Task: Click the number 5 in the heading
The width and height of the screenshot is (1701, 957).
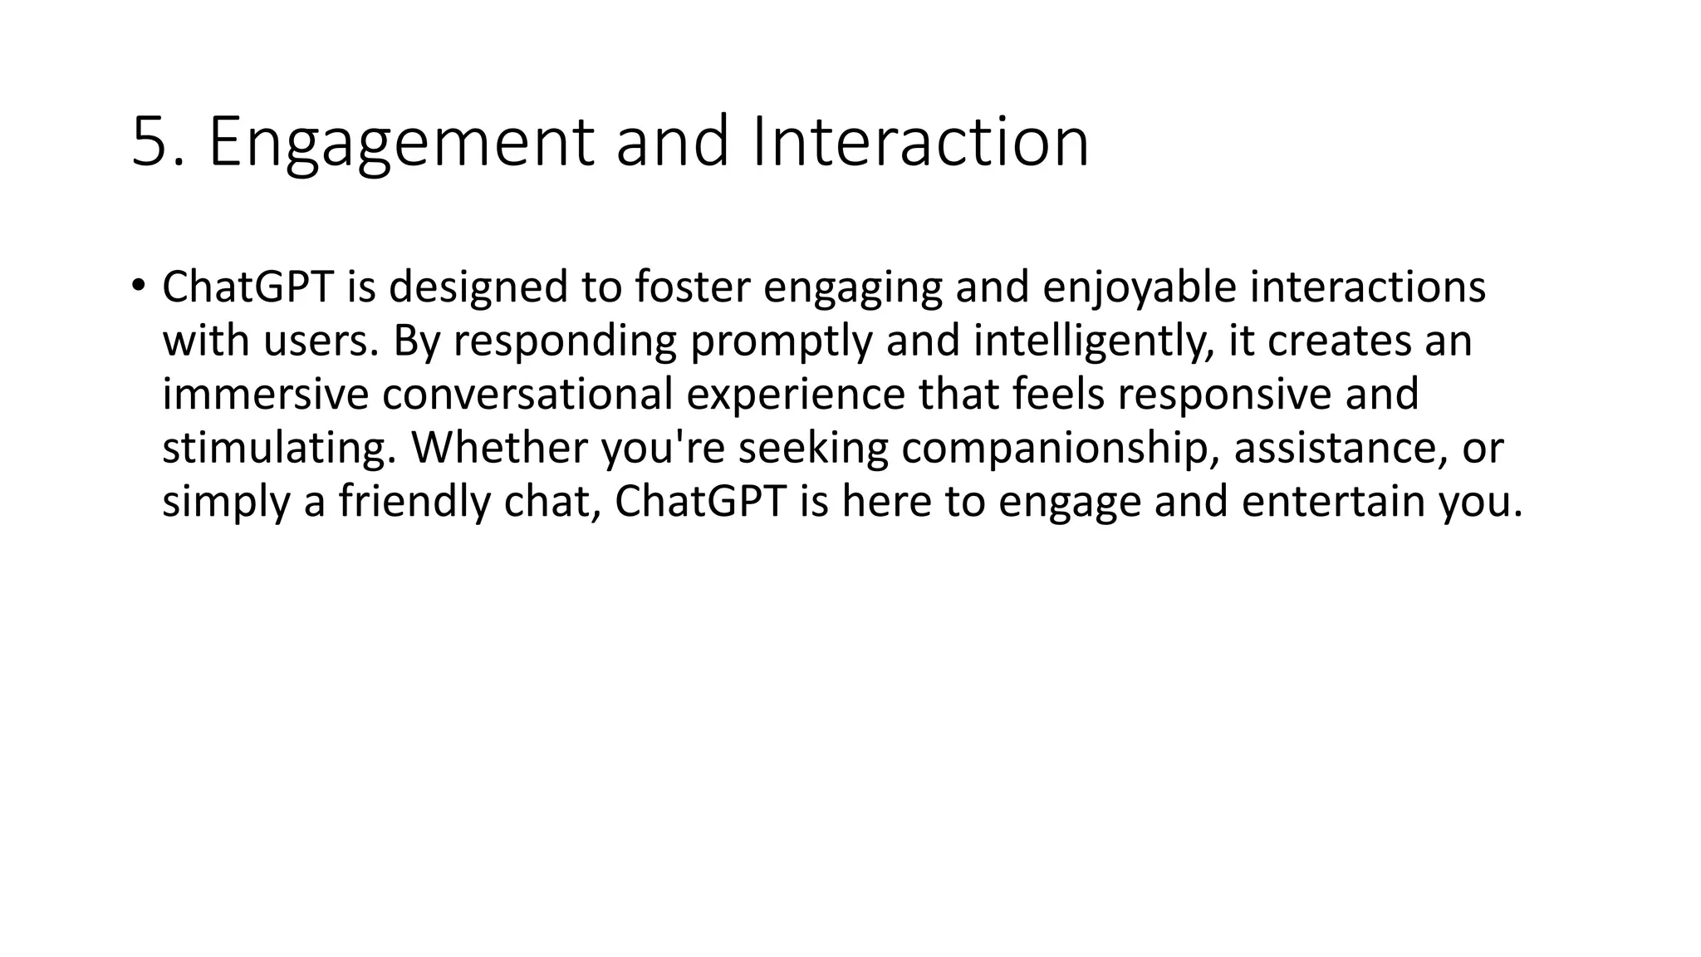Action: (150, 142)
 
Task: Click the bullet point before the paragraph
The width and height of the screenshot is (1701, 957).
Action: (138, 285)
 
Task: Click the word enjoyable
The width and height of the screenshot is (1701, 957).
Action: (1139, 287)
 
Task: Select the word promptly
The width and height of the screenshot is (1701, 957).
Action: (781, 341)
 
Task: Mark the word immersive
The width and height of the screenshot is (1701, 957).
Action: (265, 395)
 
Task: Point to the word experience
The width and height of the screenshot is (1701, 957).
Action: (795, 395)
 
